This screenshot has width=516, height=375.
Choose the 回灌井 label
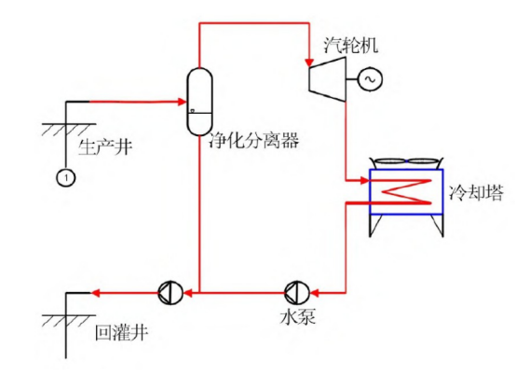[120, 332]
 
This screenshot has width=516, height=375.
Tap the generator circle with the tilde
[365, 81]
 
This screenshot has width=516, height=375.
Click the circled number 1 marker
[65, 175]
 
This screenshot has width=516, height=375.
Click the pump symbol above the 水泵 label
[294, 291]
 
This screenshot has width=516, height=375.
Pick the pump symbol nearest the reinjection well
[167, 292]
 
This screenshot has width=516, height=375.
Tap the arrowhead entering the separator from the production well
[181, 100]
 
